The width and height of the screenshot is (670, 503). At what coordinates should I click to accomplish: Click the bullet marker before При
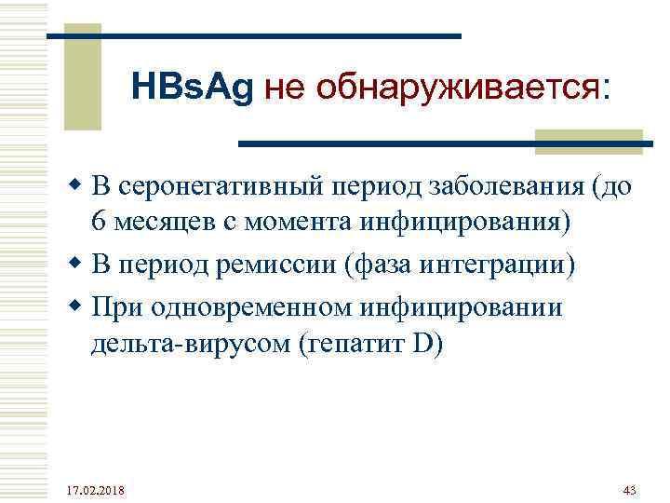[79, 306]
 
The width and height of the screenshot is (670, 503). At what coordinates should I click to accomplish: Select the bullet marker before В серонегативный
[79, 187]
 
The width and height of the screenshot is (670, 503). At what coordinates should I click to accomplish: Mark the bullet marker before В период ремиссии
[79, 265]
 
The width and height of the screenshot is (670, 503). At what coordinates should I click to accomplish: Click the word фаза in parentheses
[382, 265]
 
